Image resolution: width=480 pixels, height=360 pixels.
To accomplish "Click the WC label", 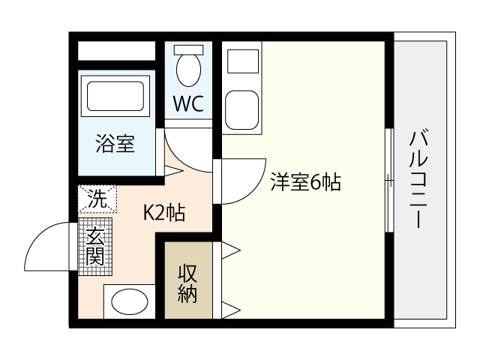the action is (x=188, y=103).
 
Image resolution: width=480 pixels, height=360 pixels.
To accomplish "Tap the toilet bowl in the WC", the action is (x=188, y=70).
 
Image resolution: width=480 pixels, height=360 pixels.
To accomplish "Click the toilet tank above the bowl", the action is (x=188, y=50).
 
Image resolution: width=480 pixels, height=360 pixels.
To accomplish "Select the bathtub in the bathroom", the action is (x=115, y=96).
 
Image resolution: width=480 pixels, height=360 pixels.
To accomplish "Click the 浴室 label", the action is (x=115, y=143).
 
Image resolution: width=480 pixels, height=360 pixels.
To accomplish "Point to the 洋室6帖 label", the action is (x=305, y=182).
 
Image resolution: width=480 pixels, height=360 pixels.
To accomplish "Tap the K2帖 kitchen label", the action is (x=164, y=213).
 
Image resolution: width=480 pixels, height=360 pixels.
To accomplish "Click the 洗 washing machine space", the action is (x=97, y=199).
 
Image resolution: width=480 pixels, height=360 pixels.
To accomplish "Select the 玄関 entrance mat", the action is (x=95, y=247).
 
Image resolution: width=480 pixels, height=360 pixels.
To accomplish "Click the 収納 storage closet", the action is (x=188, y=280).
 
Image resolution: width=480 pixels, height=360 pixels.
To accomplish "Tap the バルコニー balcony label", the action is (x=418, y=179).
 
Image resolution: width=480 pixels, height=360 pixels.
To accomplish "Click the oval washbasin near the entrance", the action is (x=130, y=301).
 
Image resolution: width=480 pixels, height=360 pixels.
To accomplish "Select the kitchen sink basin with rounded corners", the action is (x=241, y=110).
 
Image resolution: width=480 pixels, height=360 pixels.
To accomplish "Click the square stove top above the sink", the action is (x=243, y=61).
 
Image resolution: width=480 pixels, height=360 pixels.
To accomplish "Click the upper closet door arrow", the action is (x=231, y=250).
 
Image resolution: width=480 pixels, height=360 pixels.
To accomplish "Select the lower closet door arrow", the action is (x=231, y=310).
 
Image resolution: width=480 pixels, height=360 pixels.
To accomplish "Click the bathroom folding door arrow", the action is (x=173, y=171).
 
